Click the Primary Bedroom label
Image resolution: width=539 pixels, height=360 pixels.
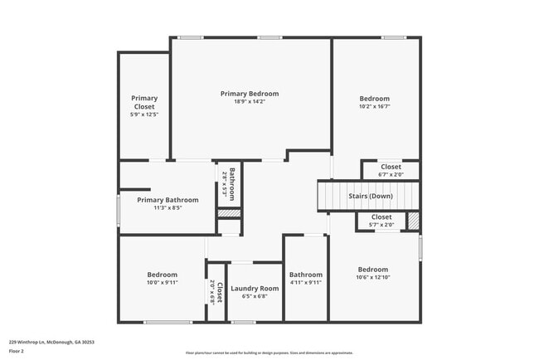click(x=250, y=94)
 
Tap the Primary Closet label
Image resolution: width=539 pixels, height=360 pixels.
click(x=144, y=102)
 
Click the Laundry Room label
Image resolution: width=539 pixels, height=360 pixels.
click(x=255, y=289)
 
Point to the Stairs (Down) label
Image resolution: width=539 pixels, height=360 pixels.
click(x=370, y=196)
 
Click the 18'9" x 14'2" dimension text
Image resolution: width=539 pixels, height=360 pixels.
click(x=250, y=103)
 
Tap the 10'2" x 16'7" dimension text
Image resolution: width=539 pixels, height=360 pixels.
click(x=374, y=106)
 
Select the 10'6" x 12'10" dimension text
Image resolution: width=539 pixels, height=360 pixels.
click(x=372, y=278)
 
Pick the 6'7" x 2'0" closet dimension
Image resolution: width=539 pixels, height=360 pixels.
click(x=391, y=175)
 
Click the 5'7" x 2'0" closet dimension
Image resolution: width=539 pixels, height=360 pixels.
click(x=381, y=225)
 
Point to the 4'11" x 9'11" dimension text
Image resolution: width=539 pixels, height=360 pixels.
click(x=305, y=283)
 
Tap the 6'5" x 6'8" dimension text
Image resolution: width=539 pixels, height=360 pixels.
click(x=255, y=297)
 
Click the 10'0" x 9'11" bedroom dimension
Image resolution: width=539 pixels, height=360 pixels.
click(x=163, y=283)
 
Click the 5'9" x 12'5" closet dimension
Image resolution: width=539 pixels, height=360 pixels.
click(x=144, y=114)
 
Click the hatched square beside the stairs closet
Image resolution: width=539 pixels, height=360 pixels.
click(x=413, y=221)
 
